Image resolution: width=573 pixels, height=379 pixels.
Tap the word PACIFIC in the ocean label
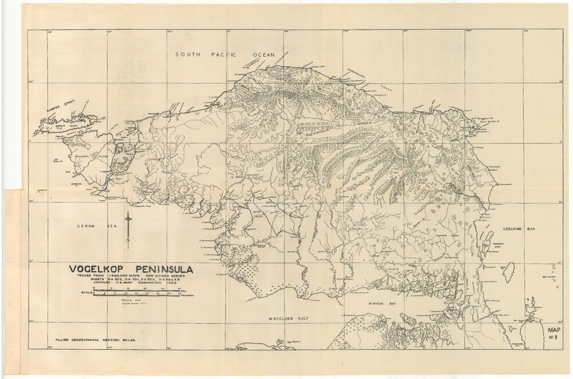pyautogui.click(x=226, y=54)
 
